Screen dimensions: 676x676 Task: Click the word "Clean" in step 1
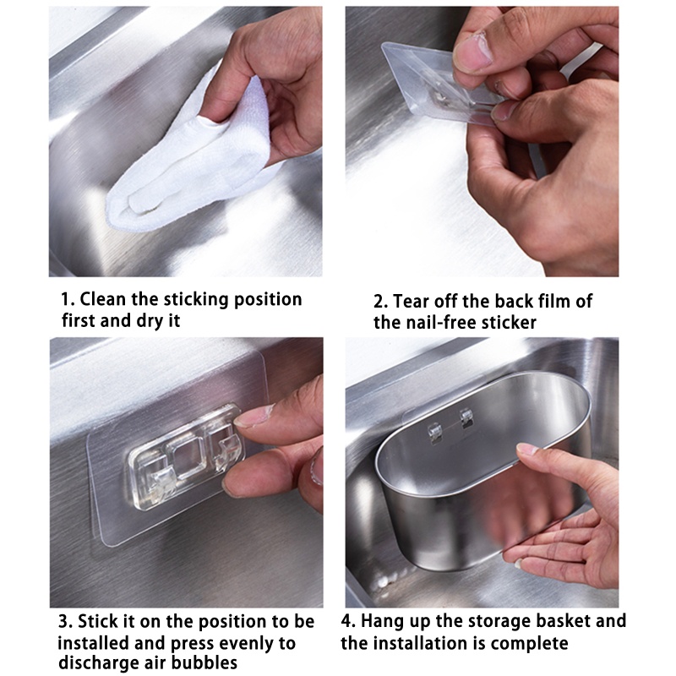103,299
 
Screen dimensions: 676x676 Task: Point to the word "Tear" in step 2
412,302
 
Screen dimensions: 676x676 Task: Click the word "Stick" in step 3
98,621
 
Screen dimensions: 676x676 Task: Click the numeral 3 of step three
64,622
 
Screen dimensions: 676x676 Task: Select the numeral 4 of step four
347,622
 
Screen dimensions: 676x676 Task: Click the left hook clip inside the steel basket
433,433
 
